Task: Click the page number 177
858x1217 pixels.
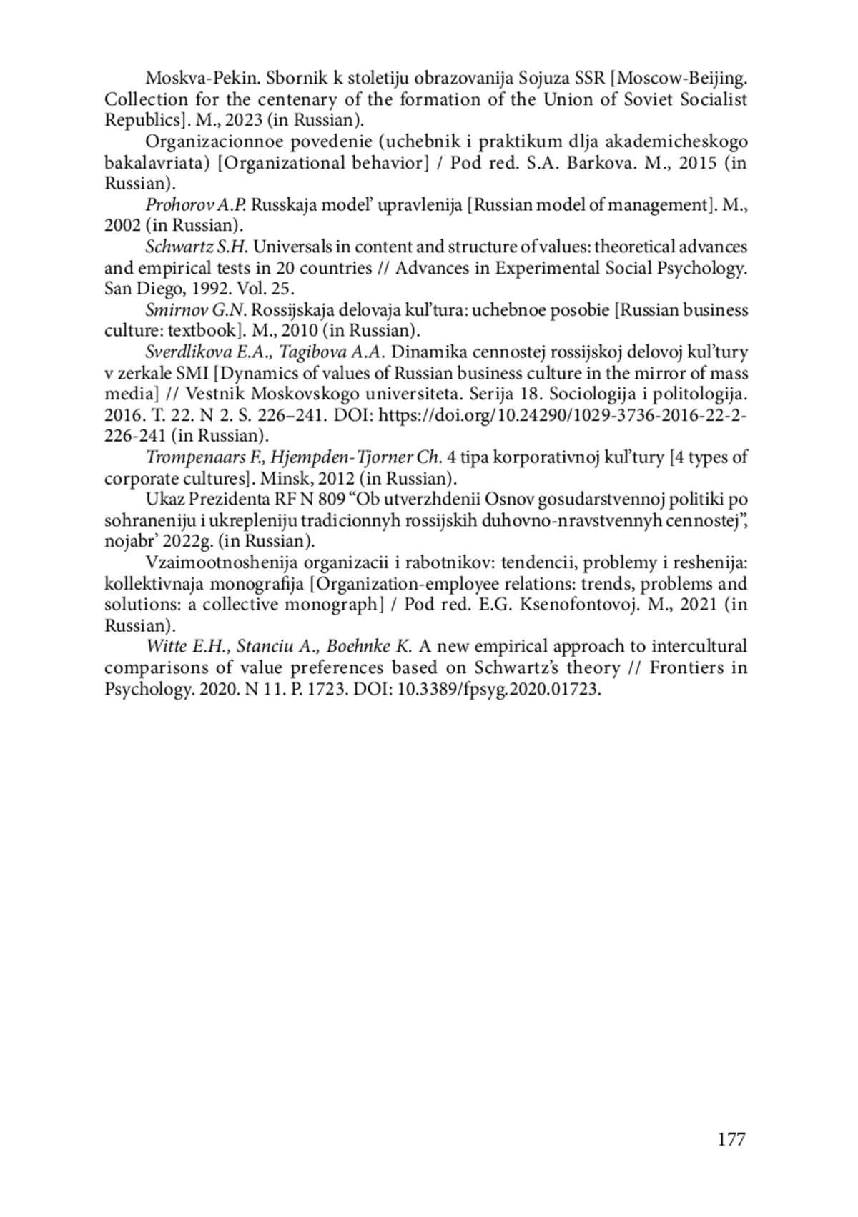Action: (731, 1138)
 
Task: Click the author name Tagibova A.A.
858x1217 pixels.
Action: (332, 352)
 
